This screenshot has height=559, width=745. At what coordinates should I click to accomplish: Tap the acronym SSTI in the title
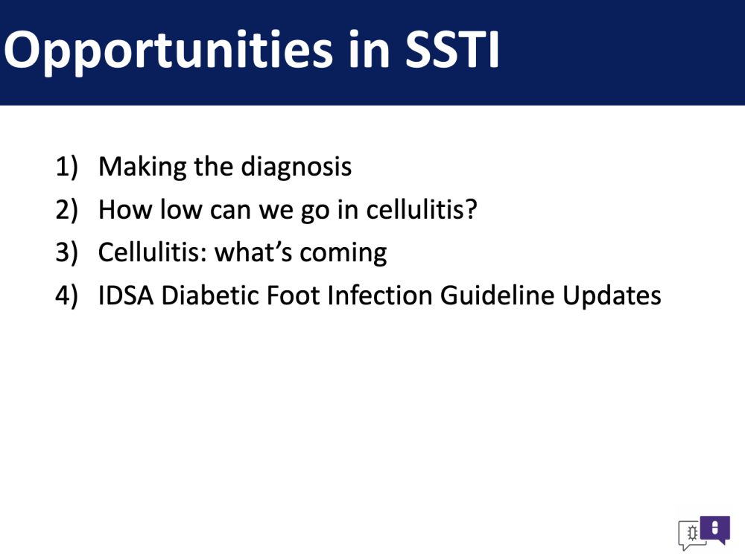pos(452,49)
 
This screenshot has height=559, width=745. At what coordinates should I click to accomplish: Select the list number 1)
pos(66,167)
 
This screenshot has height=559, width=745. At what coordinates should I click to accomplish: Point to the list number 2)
pos(66,210)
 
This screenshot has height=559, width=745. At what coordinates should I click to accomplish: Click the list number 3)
pos(66,252)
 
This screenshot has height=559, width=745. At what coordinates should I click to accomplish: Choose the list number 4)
pos(66,296)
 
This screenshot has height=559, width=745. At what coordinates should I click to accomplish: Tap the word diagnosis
pos(297,166)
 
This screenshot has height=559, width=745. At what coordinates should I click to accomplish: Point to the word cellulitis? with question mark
pos(422,209)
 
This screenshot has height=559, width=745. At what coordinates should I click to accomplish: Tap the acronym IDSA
pos(126,296)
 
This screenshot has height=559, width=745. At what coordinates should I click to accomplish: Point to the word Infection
pos(380,295)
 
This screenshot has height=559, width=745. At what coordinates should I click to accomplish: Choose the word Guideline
pos(497,295)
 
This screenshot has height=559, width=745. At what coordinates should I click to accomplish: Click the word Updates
pos(612,296)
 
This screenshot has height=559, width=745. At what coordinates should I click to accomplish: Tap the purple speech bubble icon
pos(715,529)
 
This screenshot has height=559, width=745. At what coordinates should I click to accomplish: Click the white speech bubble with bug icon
pos(692,534)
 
